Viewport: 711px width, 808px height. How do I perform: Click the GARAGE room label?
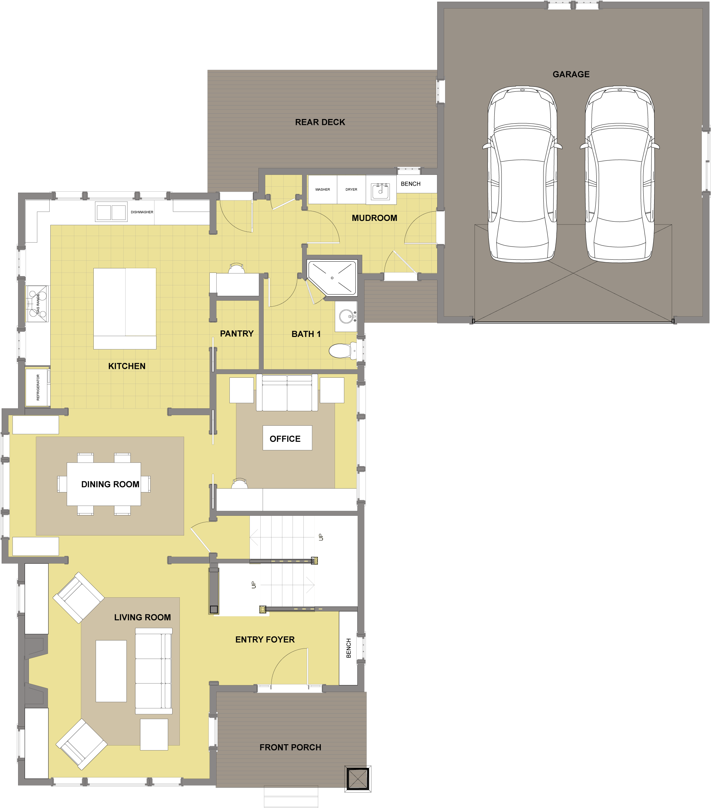coord(571,74)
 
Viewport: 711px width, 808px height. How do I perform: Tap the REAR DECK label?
coord(320,122)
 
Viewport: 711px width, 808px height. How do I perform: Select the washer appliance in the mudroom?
coord(322,190)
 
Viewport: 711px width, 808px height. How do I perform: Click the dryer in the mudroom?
coord(351,190)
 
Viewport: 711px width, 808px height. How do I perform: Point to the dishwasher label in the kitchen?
coord(142,212)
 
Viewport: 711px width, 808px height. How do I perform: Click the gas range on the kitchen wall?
coord(37,304)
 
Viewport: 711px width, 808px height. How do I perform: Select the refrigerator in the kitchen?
coord(38,387)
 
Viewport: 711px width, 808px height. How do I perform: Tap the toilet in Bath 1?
coord(342,351)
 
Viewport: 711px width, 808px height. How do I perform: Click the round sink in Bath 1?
coord(346,316)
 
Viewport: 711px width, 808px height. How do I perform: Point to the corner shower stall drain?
coord(332,278)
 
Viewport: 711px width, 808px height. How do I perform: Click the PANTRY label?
coord(237,334)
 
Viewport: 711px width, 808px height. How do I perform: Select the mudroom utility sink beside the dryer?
coord(381,191)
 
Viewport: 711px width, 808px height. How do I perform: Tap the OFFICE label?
coord(285,439)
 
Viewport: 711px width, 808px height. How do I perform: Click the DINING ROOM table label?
coord(110,484)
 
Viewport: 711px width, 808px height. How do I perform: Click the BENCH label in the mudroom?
coord(411,184)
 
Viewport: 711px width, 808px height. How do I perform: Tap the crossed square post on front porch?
coord(357,779)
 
